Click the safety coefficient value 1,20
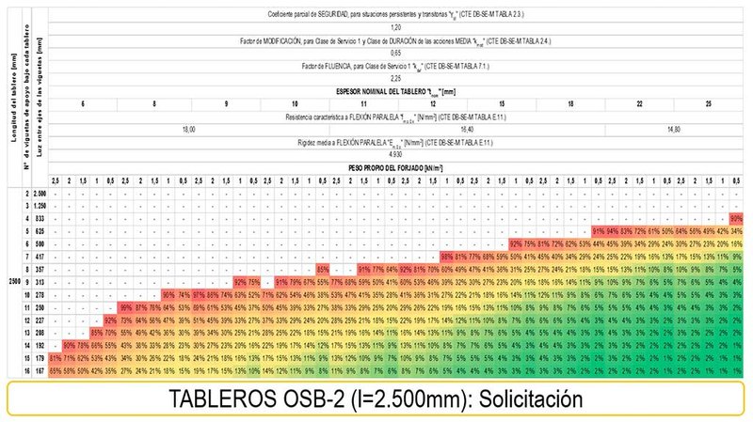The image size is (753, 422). click(x=395, y=28)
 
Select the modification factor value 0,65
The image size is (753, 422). click(x=395, y=55)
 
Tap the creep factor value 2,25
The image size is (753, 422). click(x=395, y=79)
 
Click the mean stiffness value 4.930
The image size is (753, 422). click(x=395, y=153)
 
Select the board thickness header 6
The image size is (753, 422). click(x=83, y=103)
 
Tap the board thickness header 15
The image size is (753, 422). click(x=502, y=103)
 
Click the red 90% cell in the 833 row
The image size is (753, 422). click(x=736, y=217)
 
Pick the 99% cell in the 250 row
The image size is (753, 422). click(x=125, y=307)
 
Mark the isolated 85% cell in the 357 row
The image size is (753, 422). click(x=323, y=269)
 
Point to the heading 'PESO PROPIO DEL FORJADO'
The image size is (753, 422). click(x=395, y=165)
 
